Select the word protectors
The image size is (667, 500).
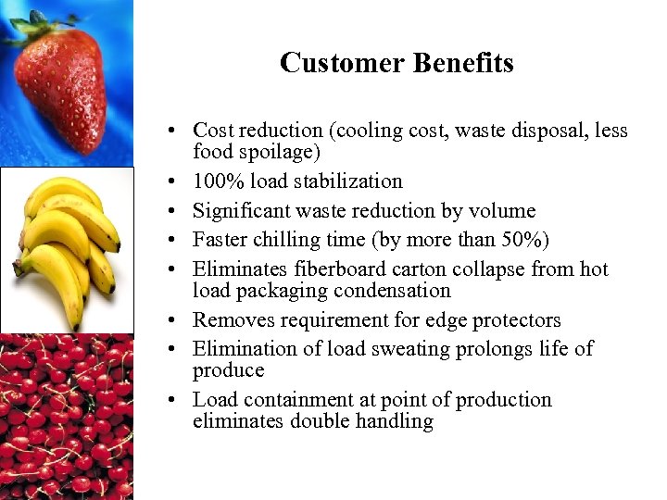(x=513, y=320)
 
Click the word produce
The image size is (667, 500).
(x=228, y=370)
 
